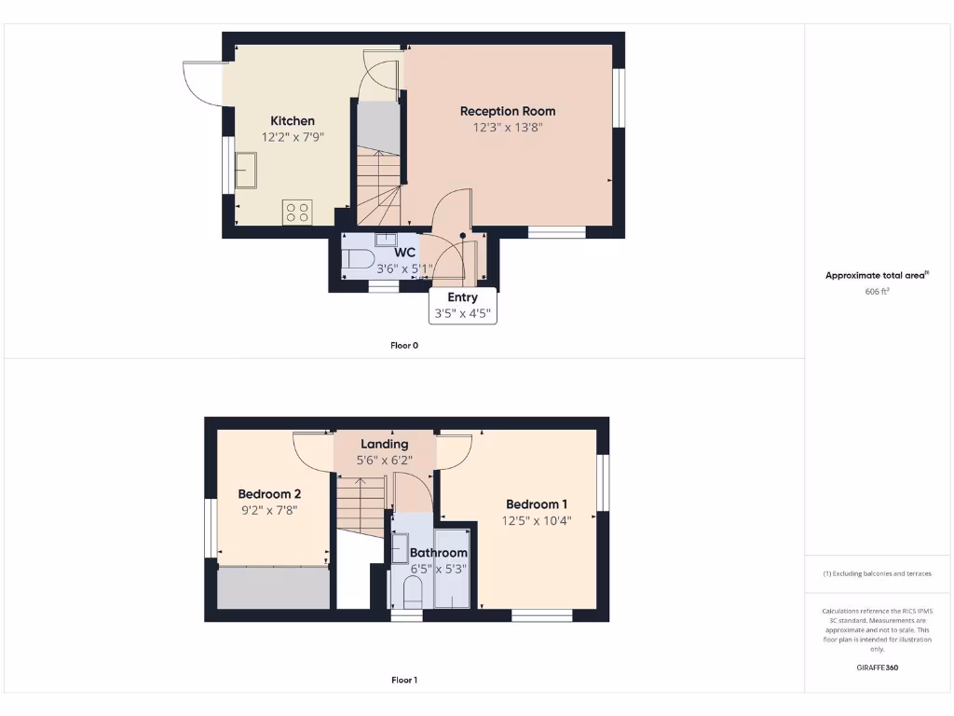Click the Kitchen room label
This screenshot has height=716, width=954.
[x=293, y=120]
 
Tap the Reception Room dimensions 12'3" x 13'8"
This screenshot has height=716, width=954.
[x=508, y=128]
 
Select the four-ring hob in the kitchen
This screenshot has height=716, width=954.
[x=297, y=213]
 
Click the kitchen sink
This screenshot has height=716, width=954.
[x=247, y=171]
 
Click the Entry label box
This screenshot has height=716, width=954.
[x=462, y=305]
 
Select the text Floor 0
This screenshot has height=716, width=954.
[x=404, y=345]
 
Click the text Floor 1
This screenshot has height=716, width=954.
[x=404, y=680]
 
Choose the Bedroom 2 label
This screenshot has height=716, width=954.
[x=269, y=494]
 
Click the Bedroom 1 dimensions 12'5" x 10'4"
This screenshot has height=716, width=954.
[x=536, y=521]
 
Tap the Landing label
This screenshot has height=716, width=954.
[x=385, y=444]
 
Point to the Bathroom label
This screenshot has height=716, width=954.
[x=439, y=553]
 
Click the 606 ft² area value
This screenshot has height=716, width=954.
[x=878, y=292]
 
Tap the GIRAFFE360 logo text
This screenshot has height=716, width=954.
[x=878, y=668]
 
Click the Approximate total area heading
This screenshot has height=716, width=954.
[x=877, y=275]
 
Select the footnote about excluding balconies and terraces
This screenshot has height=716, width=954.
[x=878, y=573]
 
